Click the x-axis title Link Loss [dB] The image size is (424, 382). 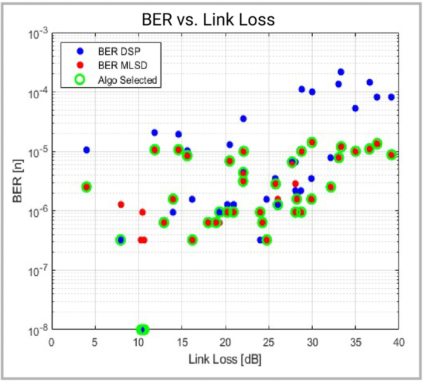(x=225, y=360)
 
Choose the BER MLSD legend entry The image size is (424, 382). (x=118, y=65)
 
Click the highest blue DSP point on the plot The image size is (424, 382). (x=341, y=72)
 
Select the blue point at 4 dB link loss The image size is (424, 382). (x=86, y=150)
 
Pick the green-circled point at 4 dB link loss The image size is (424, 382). (x=86, y=187)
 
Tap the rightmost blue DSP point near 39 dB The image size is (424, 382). (x=392, y=97)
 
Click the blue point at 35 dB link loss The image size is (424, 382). (x=356, y=108)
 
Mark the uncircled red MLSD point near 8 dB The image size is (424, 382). (x=121, y=204)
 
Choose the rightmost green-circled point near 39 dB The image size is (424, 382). (x=392, y=155)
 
